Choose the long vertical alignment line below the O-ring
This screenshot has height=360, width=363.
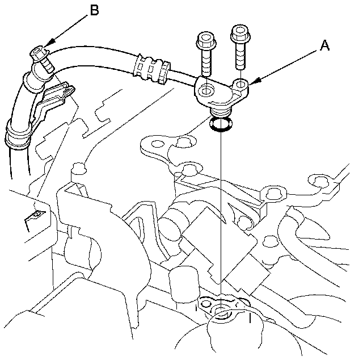[218, 216]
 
